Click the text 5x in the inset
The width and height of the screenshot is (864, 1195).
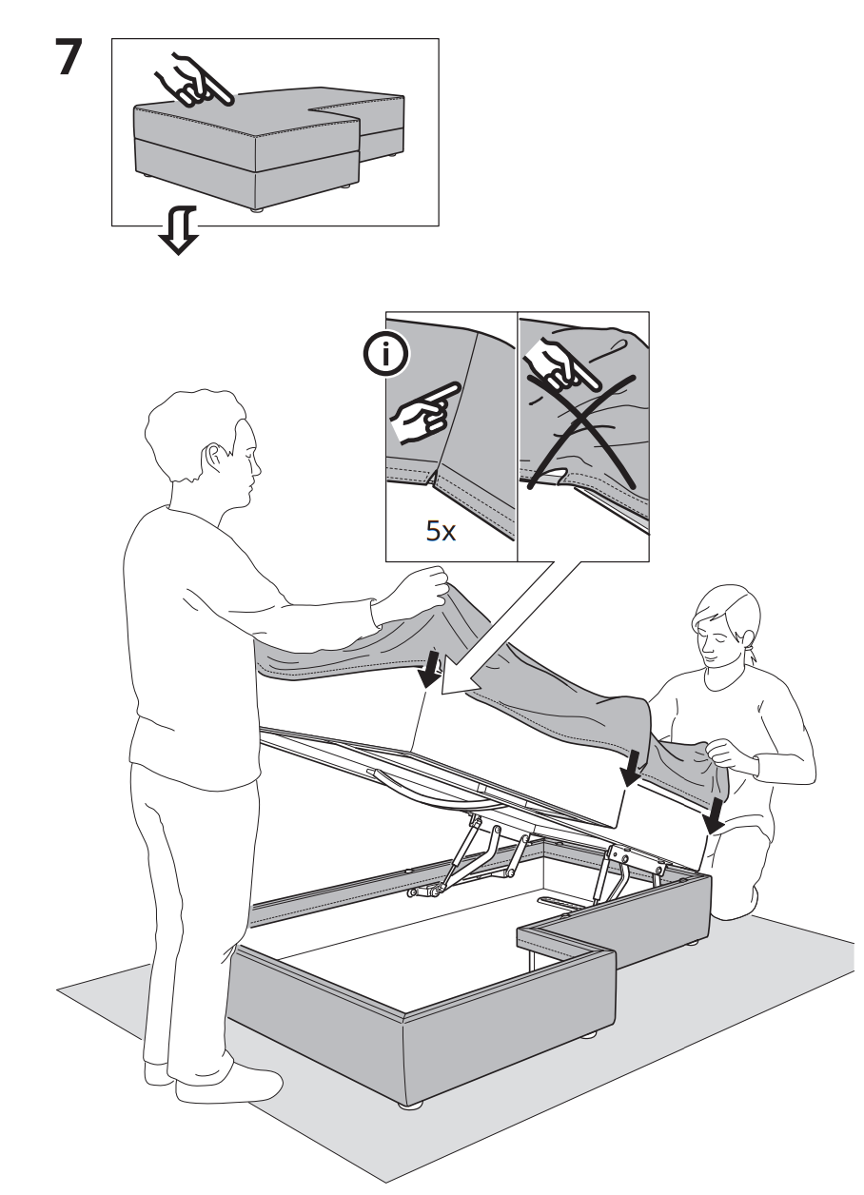(441, 531)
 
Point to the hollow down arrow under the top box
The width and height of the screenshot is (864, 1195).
(178, 229)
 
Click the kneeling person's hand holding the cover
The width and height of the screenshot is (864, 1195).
(723, 753)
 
